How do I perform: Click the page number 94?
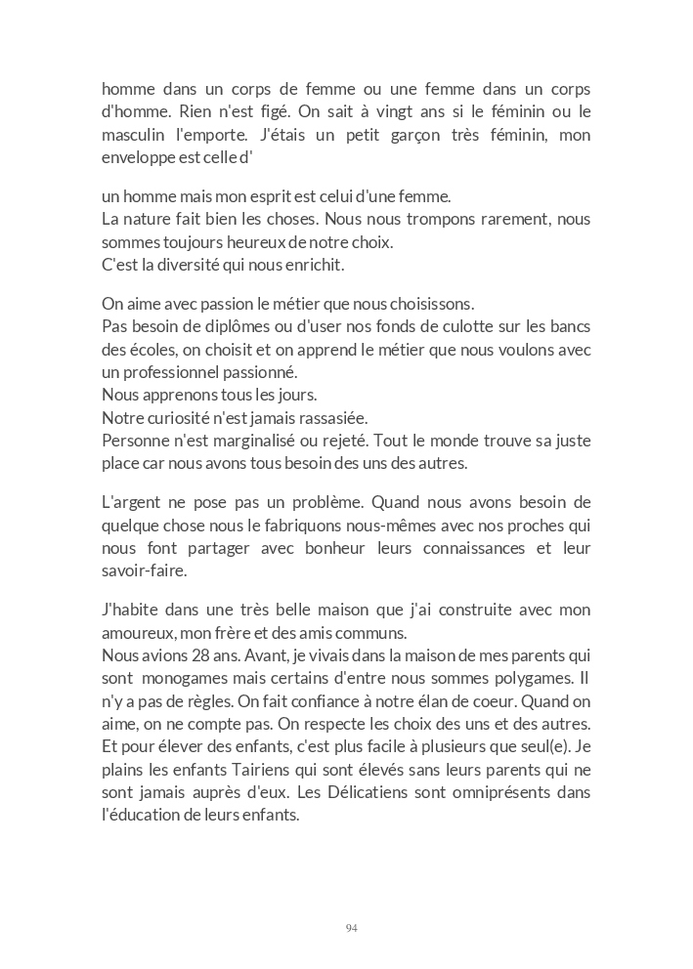click(x=351, y=928)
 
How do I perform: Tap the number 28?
click(x=192, y=655)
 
